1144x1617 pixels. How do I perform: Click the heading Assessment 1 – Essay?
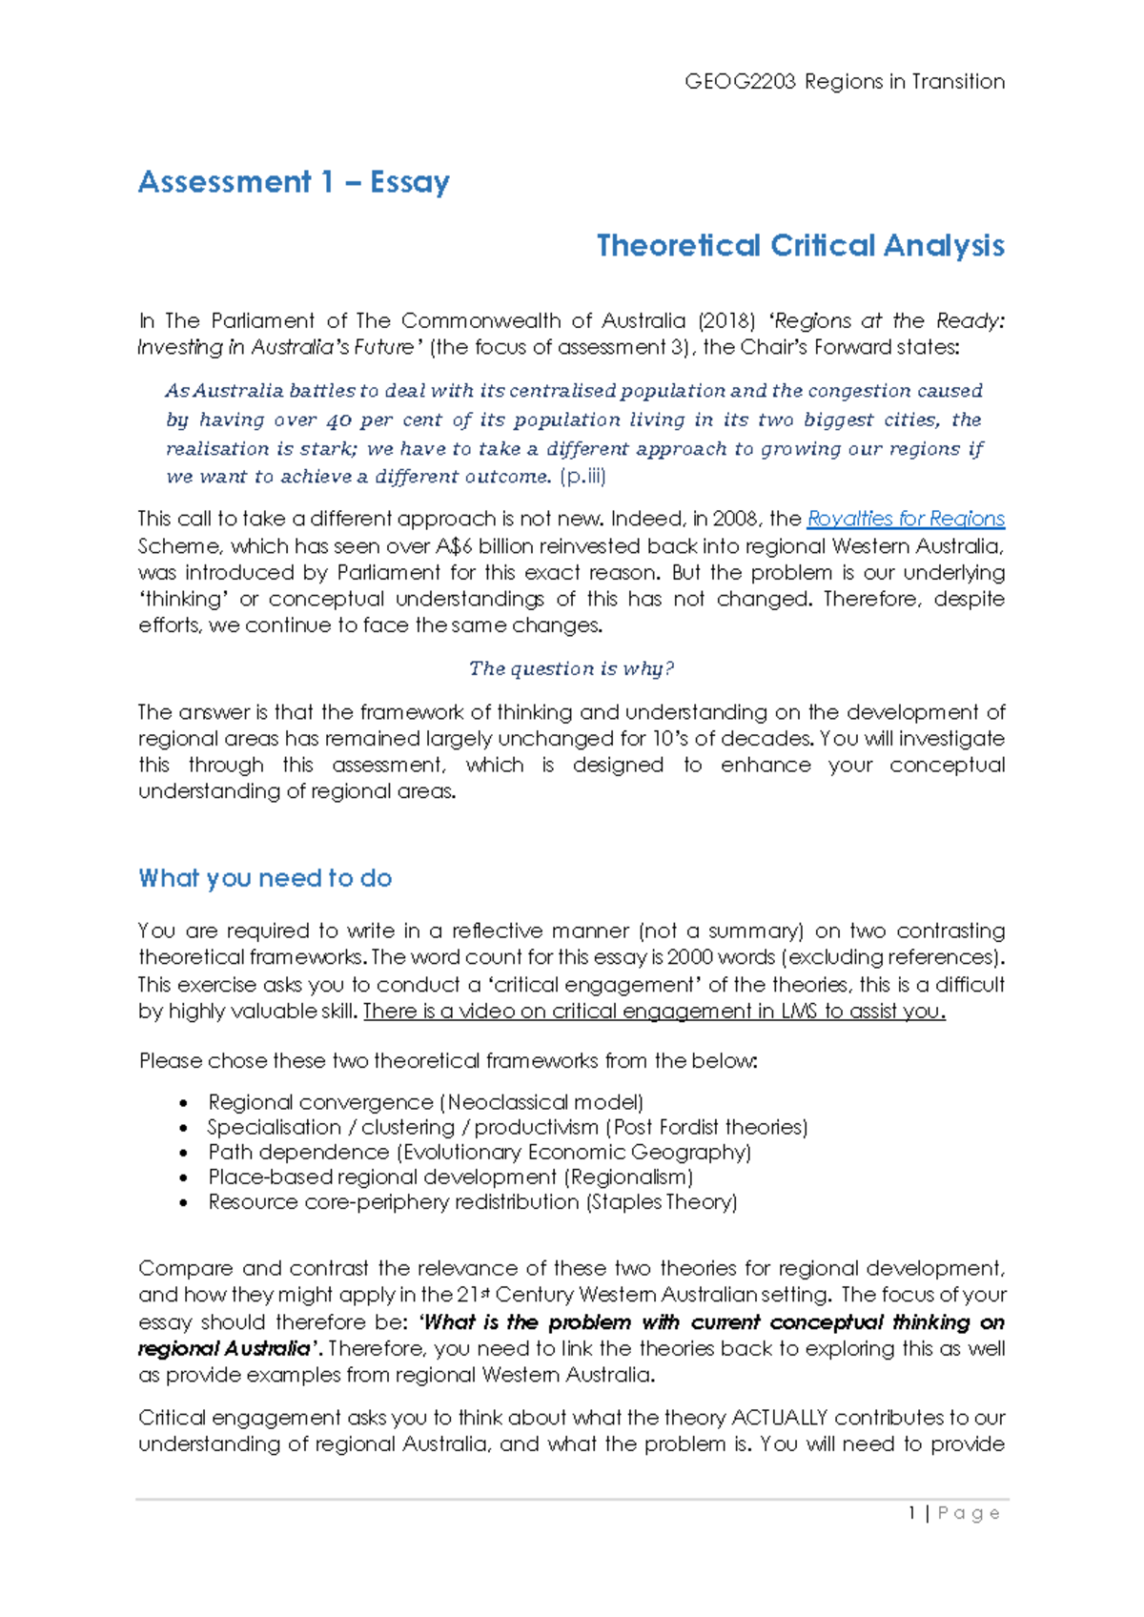(294, 181)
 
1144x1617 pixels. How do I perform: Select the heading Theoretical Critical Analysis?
(800, 246)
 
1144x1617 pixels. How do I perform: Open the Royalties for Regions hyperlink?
(905, 519)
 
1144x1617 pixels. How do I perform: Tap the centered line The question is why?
(571, 668)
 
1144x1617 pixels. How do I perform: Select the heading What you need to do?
(265, 878)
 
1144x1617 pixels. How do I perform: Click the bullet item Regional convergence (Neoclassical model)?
(425, 1102)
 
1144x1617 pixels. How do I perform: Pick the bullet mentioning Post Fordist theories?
(507, 1127)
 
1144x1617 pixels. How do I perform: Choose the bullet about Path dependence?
(480, 1152)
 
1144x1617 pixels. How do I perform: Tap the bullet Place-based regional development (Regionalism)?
(450, 1177)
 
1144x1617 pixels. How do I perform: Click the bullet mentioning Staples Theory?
(472, 1201)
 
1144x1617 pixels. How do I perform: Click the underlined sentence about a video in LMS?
(654, 1012)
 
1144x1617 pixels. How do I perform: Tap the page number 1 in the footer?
(912, 1513)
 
